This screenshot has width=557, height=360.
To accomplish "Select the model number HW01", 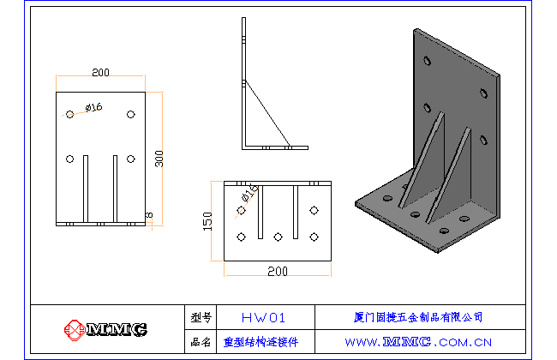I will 263,317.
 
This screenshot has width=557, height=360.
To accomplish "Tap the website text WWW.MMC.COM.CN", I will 418,341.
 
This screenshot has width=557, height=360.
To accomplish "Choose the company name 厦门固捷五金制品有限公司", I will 418,317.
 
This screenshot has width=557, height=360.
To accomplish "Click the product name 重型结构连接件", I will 261,341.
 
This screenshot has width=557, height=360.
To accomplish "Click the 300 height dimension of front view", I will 158,159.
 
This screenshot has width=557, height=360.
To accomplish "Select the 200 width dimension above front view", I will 101,73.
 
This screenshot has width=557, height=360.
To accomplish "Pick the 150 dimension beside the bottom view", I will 207,221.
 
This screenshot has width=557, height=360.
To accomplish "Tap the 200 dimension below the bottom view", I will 277,271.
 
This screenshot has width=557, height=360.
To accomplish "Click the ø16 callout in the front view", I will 93,107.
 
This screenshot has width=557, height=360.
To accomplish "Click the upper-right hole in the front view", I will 130,114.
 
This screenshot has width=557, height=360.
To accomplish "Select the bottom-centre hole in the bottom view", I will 278,236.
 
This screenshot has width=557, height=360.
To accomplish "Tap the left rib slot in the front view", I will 86,189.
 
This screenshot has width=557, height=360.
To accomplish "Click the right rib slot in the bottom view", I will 294,213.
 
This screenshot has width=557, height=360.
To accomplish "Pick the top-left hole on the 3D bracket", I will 428,62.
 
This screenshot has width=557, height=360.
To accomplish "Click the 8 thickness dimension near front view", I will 149,213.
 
